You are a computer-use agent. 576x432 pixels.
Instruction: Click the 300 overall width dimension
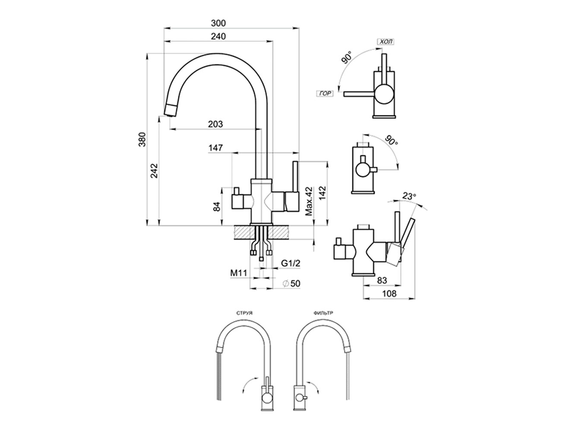(x=219, y=23)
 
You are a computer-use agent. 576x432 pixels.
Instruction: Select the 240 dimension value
(x=219, y=36)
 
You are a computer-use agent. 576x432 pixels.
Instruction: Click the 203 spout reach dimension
(x=215, y=124)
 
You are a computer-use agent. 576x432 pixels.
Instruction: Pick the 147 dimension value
(x=215, y=148)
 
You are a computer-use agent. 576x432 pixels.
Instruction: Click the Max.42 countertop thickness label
(x=308, y=201)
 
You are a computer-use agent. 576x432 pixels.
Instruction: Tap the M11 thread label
(x=238, y=273)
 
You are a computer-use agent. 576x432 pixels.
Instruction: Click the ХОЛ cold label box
(x=385, y=42)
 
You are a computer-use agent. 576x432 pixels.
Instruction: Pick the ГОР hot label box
(x=326, y=93)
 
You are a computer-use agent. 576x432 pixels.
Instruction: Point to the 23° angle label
(x=408, y=196)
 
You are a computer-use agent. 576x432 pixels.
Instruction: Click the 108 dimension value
(x=389, y=294)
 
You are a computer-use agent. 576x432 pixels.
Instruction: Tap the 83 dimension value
(x=382, y=280)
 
